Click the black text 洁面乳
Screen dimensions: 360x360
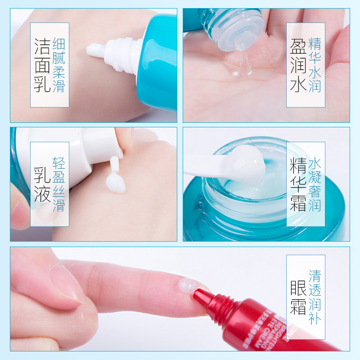tap(42, 65)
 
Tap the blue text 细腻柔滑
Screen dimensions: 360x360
tap(59, 65)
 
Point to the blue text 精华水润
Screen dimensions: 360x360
tap(315, 65)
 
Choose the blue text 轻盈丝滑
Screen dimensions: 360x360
tap(59, 184)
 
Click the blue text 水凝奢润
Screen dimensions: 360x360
tap(315, 184)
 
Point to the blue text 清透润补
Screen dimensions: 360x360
tap(315, 297)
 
